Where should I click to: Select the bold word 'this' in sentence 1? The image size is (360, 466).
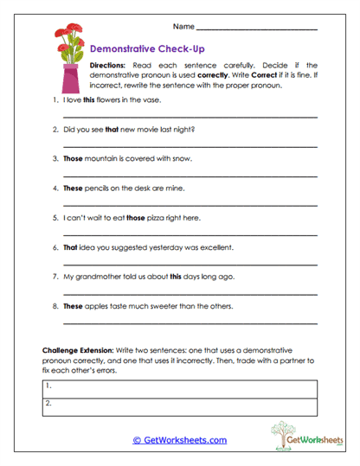tap(88, 102)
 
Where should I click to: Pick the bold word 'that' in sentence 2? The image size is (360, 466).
tap(112, 131)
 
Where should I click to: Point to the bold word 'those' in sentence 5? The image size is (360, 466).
tap(137, 218)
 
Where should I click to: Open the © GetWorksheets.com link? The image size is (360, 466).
tap(179, 440)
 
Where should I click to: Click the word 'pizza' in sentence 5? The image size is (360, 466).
tap(160, 218)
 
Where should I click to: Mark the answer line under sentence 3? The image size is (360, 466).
tap(190, 175)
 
